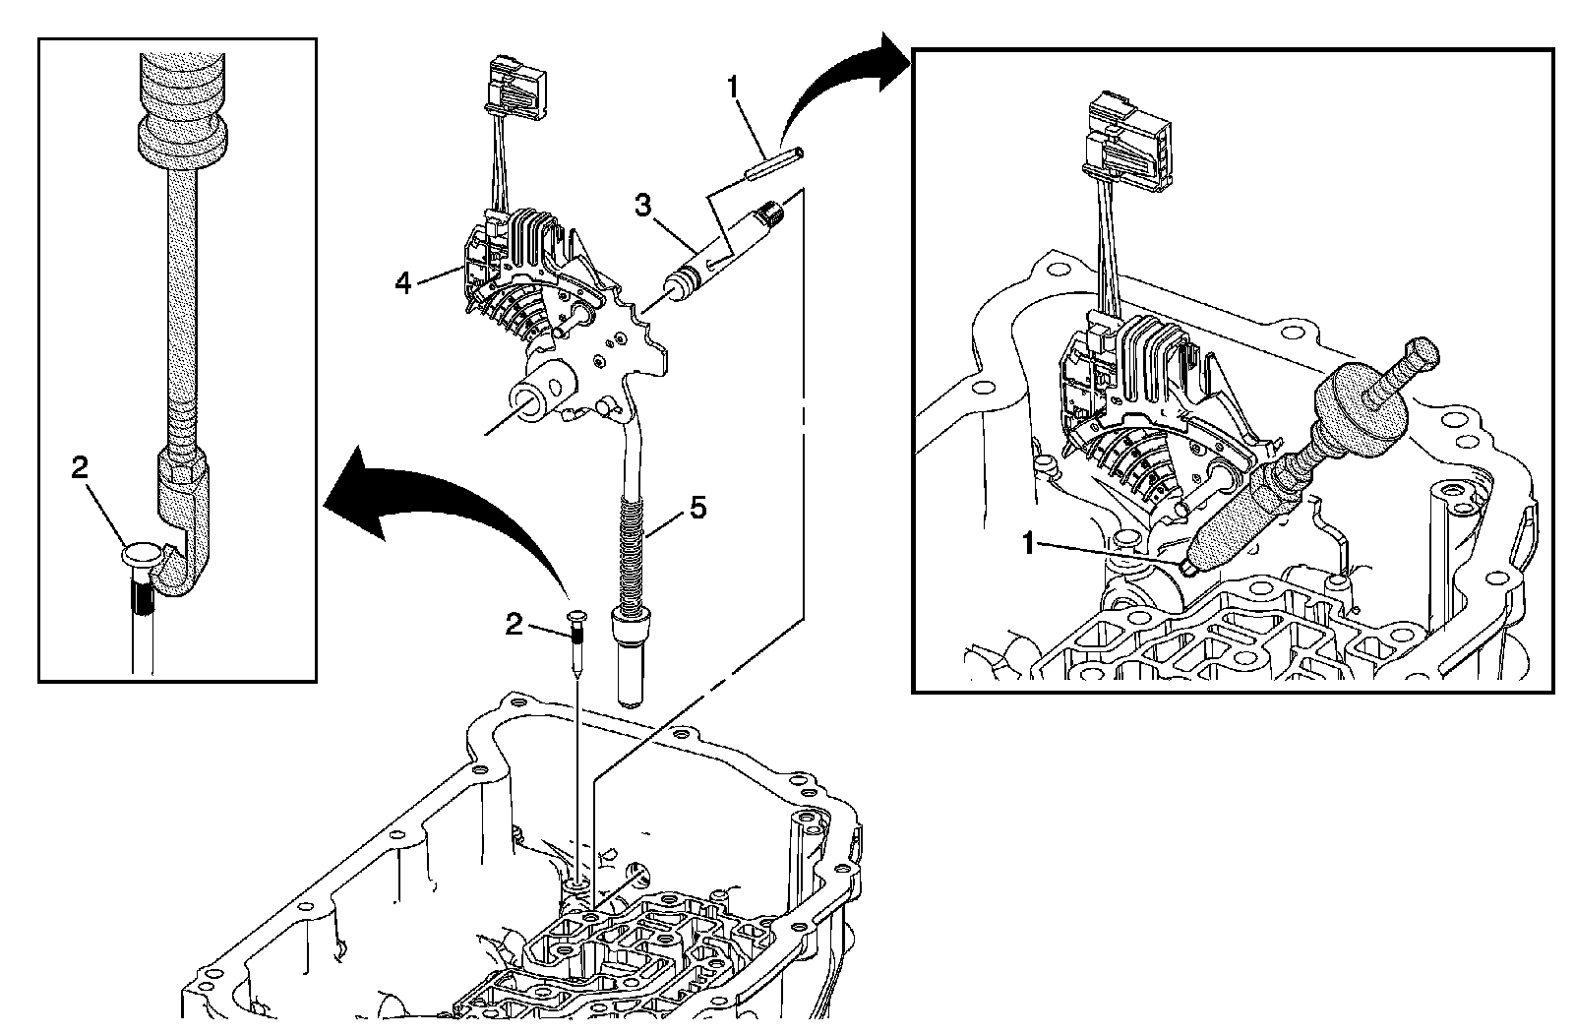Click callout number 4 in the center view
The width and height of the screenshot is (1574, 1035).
[402, 283]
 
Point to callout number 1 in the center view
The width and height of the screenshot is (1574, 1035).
[732, 87]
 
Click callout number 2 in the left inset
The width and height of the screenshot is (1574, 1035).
[81, 468]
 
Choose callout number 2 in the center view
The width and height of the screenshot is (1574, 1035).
[514, 623]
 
